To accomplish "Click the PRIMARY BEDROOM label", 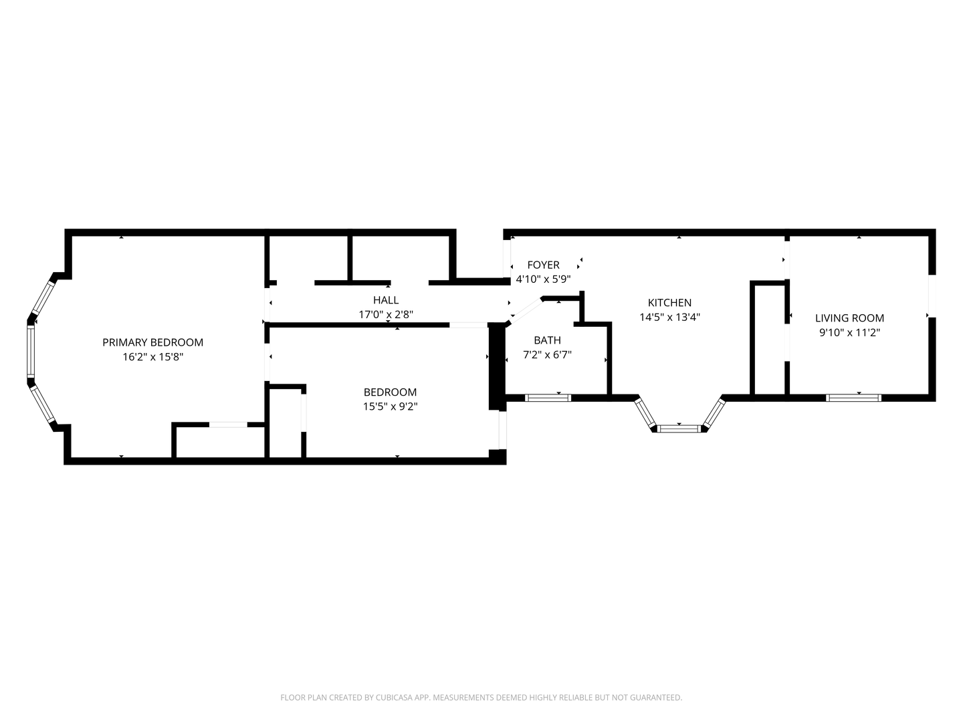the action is pyautogui.click(x=152, y=342).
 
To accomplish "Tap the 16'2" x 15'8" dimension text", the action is pyautogui.click(x=152, y=357).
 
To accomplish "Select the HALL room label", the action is pyautogui.click(x=386, y=300).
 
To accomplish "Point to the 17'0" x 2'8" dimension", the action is pyautogui.click(x=386, y=314).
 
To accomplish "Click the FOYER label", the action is pyautogui.click(x=543, y=265).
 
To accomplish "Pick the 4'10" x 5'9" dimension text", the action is pyautogui.click(x=543, y=279).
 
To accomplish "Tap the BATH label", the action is pyautogui.click(x=547, y=340).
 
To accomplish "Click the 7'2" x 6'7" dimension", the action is pyautogui.click(x=547, y=354).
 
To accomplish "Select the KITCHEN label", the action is pyautogui.click(x=669, y=302).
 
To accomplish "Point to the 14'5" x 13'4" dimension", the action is pyautogui.click(x=669, y=317).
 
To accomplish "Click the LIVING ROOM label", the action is pyautogui.click(x=849, y=318).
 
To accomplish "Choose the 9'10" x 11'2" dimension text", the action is pyautogui.click(x=849, y=332).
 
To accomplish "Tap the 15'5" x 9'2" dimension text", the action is pyautogui.click(x=390, y=406).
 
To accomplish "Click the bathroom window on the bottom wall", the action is pyautogui.click(x=548, y=398).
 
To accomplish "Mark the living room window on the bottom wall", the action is pyautogui.click(x=853, y=398).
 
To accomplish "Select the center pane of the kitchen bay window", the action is pyautogui.click(x=679, y=429).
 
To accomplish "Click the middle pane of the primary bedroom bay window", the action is pyautogui.click(x=31, y=352).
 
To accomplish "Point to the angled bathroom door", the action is pyautogui.click(x=526, y=312).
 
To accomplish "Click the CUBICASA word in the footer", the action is pyautogui.click(x=395, y=697).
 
